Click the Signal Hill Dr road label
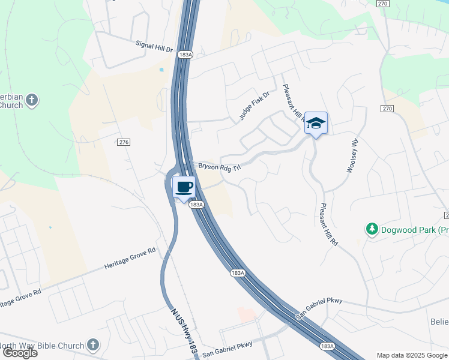[154, 44]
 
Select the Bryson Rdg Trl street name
[219, 166]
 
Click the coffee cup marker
[184, 187]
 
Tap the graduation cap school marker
[316, 124]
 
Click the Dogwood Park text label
[415, 229]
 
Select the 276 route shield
[124, 142]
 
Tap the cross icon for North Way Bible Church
[92, 344]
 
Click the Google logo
[19, 353]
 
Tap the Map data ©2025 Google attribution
[412, 355]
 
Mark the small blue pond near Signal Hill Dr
[161, 70]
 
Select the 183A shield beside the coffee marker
[196, 205]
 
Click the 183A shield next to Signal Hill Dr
[185, 55]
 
